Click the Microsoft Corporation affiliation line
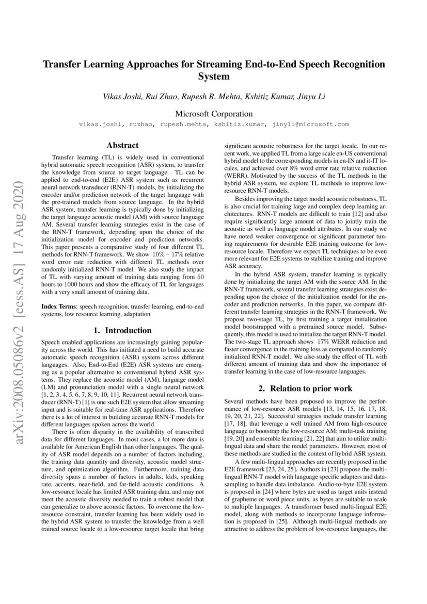pyautogui.click(x=214, y=114)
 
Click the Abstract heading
pyautogui.click(x=122, y=146)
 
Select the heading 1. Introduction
pyautogui.click(x=122, y=331)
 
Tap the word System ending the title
pyautogui.click(x=214, y=77)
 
